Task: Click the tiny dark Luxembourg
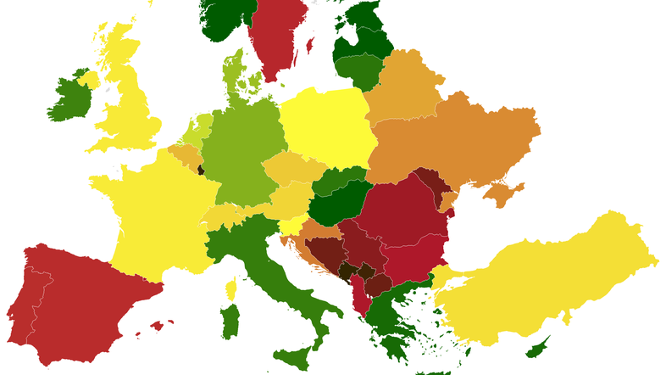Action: (x=201, y=170)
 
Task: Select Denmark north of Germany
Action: (x=233, y=76)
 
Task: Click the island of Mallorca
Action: (x=156, y=324)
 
